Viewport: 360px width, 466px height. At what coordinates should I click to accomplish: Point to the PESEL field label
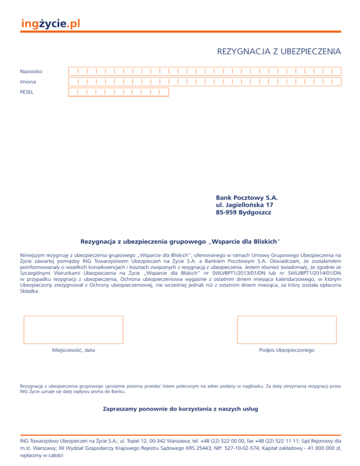click(x=27, y=92)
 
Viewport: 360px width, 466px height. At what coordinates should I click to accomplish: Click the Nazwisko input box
click(x=205, y=72)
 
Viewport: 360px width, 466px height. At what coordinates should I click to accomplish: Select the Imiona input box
click(x=205, y=82)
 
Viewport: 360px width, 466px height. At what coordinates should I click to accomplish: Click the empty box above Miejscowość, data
click(x=73, y=331)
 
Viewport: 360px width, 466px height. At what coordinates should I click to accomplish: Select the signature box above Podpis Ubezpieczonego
click(x=287, y=331)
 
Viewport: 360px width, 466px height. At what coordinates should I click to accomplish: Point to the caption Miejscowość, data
click(x=73, y=350)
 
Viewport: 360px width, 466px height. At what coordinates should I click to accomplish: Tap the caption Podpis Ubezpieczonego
click(x=286, y=350)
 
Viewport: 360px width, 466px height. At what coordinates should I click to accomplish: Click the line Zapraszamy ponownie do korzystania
click(x=180, y=409)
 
